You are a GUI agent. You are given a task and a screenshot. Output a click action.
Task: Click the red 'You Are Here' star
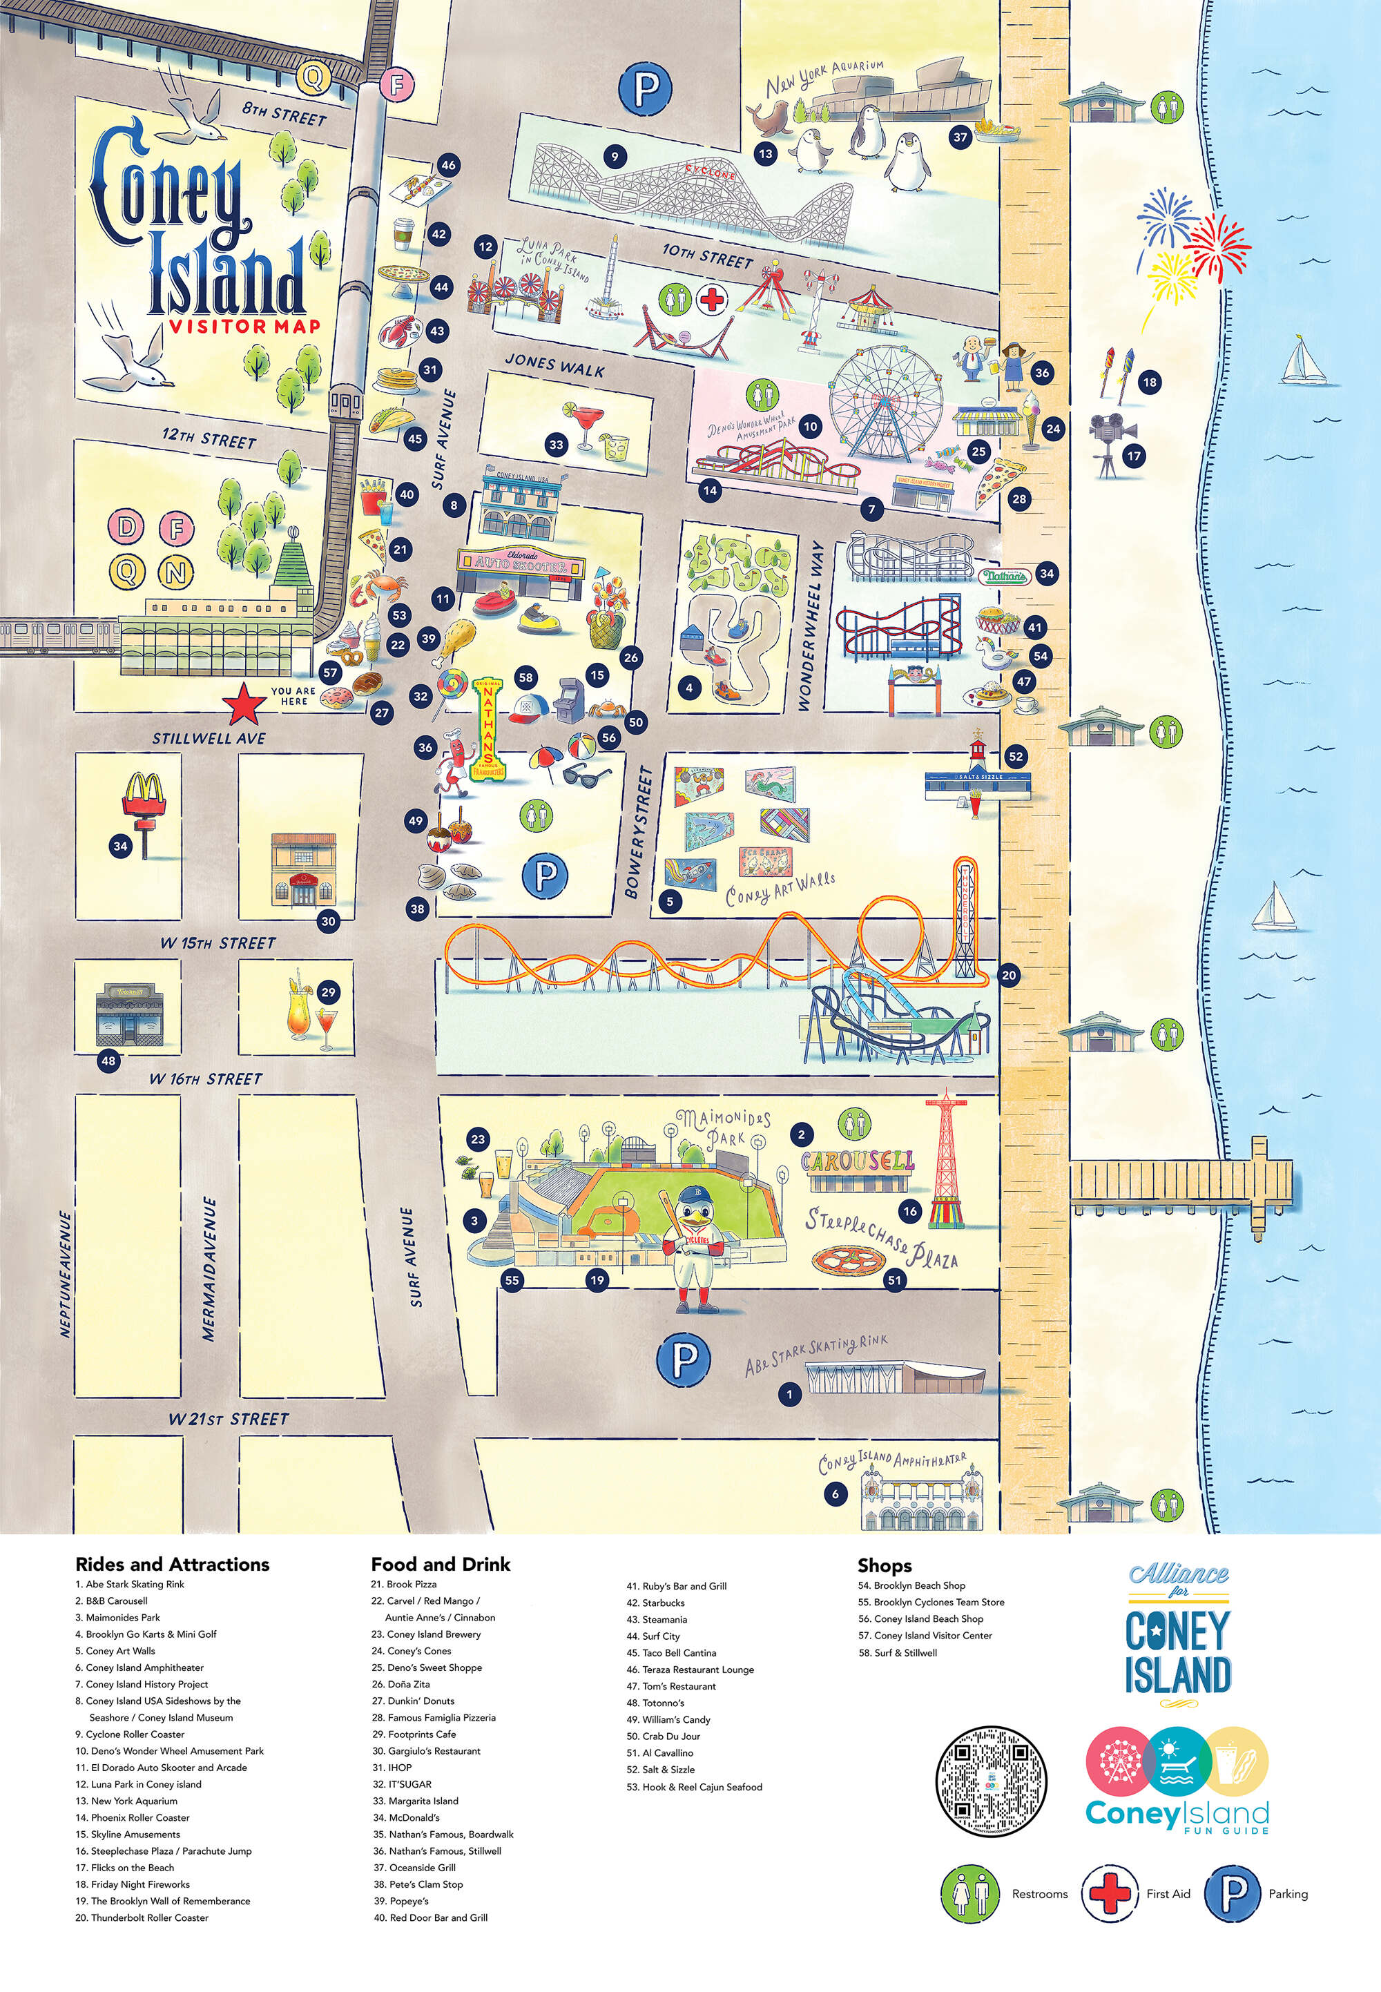tap(244, 705)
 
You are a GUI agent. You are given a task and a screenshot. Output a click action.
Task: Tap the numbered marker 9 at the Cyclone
tap(615, 157)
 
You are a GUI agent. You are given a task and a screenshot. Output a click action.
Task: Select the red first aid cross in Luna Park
tap(712, 300)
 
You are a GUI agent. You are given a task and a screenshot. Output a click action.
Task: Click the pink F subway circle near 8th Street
tap(397, 85)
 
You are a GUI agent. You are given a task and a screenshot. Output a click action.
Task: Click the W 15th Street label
tap(218, 943)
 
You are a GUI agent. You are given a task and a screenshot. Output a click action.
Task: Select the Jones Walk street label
tap(554, 365)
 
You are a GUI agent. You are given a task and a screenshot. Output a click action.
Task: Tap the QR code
tap(992, 1780)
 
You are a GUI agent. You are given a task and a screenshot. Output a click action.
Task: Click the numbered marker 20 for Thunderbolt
tap(1009, 975)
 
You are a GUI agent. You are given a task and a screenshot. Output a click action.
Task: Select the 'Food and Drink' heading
tap(441, 1565)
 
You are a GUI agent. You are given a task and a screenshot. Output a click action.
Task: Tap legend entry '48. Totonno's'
tap(663, 1703)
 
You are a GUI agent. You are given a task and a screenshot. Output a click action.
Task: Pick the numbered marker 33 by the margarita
tap(557, 445)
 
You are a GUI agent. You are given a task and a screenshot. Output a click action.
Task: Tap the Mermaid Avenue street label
tap(209, 1268)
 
